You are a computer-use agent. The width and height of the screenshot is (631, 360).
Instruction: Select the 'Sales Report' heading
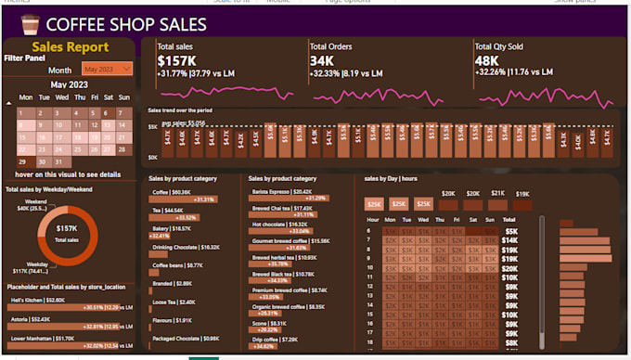[x=70, y=46]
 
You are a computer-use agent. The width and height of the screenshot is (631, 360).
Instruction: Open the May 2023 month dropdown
[x=107, y=69]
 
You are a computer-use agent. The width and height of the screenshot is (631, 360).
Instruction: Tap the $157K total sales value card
[x=175, y=60]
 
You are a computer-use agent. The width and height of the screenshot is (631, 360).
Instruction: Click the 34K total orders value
[x=322, y=60]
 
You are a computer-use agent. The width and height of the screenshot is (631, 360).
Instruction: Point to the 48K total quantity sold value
[x=487, y=60]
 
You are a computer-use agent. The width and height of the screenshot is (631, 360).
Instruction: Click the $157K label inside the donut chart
[x=66, y=227]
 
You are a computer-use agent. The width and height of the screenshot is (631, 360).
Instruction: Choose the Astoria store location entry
[x=31, y=318]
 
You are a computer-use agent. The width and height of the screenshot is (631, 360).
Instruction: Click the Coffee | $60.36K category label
[x=172, y=191]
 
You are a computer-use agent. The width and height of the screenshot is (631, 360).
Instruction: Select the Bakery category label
[x=172, y=228]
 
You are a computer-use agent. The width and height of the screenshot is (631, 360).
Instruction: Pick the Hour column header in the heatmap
[x=373, y=220]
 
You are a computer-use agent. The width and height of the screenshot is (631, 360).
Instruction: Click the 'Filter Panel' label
[x=25, y=58]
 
